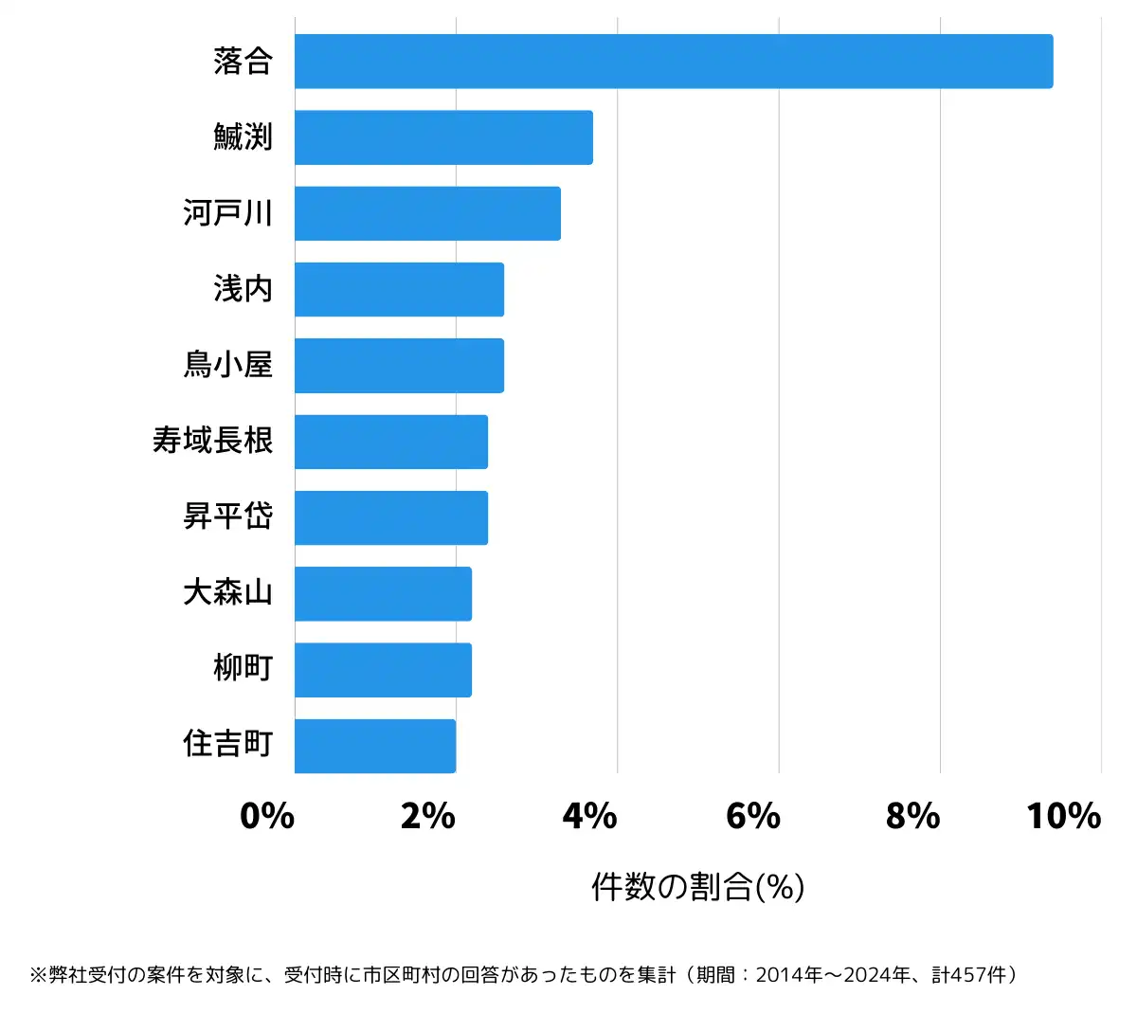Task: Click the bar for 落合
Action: (673, 62)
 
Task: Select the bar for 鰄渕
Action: (443, 137)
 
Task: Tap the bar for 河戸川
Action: (427, 213)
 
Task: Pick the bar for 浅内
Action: (399, 289)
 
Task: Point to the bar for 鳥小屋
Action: (399, 366)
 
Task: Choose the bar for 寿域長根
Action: (391, 442)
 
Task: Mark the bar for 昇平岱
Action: (391, 517)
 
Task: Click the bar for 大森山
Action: (383, 594)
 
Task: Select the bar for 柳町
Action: (383, 670)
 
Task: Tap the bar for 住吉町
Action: (375, 746)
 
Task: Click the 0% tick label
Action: (267, 816)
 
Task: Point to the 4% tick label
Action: (589, 816)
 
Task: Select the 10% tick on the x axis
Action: (1063, 816)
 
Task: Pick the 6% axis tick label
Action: (752, 816)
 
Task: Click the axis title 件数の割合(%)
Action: (698, 887)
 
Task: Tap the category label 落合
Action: (243, 62)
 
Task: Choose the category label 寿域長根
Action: (212, 441)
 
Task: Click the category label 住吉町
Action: (227, 745)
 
